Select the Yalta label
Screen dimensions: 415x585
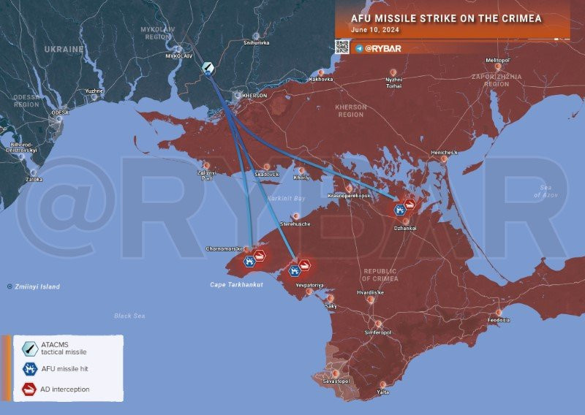[x=382, y=392]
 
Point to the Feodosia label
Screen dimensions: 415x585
[x=499, y=320]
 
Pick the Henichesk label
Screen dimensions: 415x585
[x=444, y=152]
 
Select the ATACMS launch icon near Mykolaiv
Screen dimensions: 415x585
[x=208, y=68]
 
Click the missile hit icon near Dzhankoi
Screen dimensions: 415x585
[x=399, y=210]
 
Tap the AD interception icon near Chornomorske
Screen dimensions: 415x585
[x=260, y=256]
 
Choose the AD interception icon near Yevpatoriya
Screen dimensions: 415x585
[x=304, y=266]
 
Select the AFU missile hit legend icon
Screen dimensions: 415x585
[x=30, y=369]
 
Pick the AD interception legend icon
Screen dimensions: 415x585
[x=30, y=389]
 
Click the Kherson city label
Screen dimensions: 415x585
[x=254, y=96]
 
